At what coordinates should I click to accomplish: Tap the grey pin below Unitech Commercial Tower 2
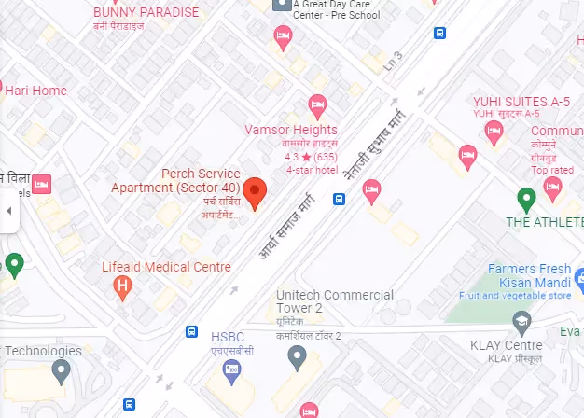(x=297, y=355)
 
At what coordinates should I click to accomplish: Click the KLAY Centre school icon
(x=522, y=323)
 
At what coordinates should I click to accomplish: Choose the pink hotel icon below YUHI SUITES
(x=467, y=155)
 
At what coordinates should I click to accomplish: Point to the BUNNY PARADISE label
(x=146, y=12)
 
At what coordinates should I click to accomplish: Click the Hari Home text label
(x=37, y=91)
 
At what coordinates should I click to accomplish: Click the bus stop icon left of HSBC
(x=191, y=331)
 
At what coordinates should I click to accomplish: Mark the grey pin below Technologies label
(x=61, y=370)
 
